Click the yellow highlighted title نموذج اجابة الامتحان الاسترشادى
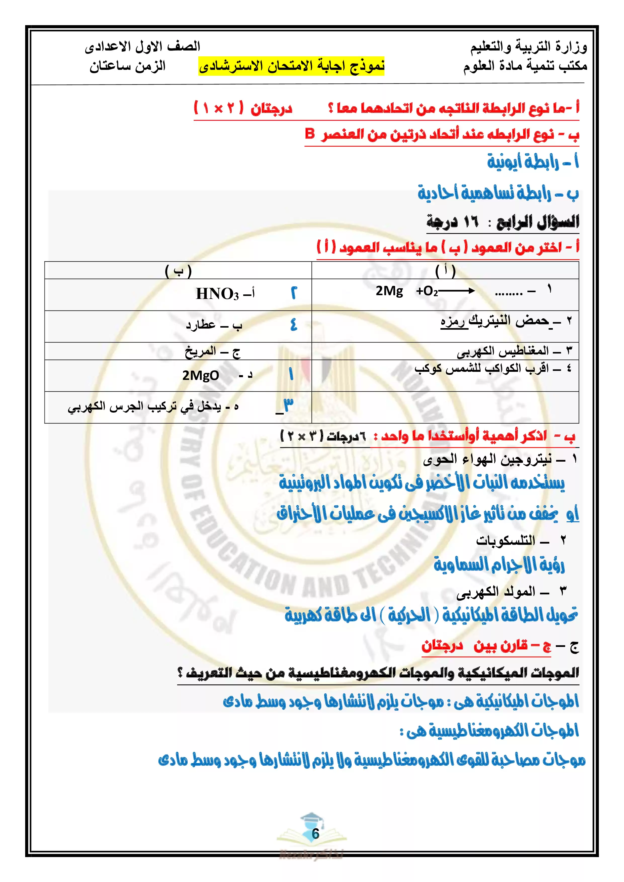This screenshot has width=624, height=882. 291,66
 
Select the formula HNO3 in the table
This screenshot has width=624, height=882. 217,294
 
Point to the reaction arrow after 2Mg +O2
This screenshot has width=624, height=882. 456,291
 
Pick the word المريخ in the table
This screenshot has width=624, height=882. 200,351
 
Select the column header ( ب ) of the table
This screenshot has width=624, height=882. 178,271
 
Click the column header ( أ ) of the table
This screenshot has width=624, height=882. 445,271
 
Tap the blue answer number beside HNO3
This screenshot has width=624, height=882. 294,293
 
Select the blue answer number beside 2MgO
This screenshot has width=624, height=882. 291,374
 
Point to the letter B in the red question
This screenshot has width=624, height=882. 310,134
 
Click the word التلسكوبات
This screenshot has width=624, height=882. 505,541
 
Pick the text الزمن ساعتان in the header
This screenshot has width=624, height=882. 128,66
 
